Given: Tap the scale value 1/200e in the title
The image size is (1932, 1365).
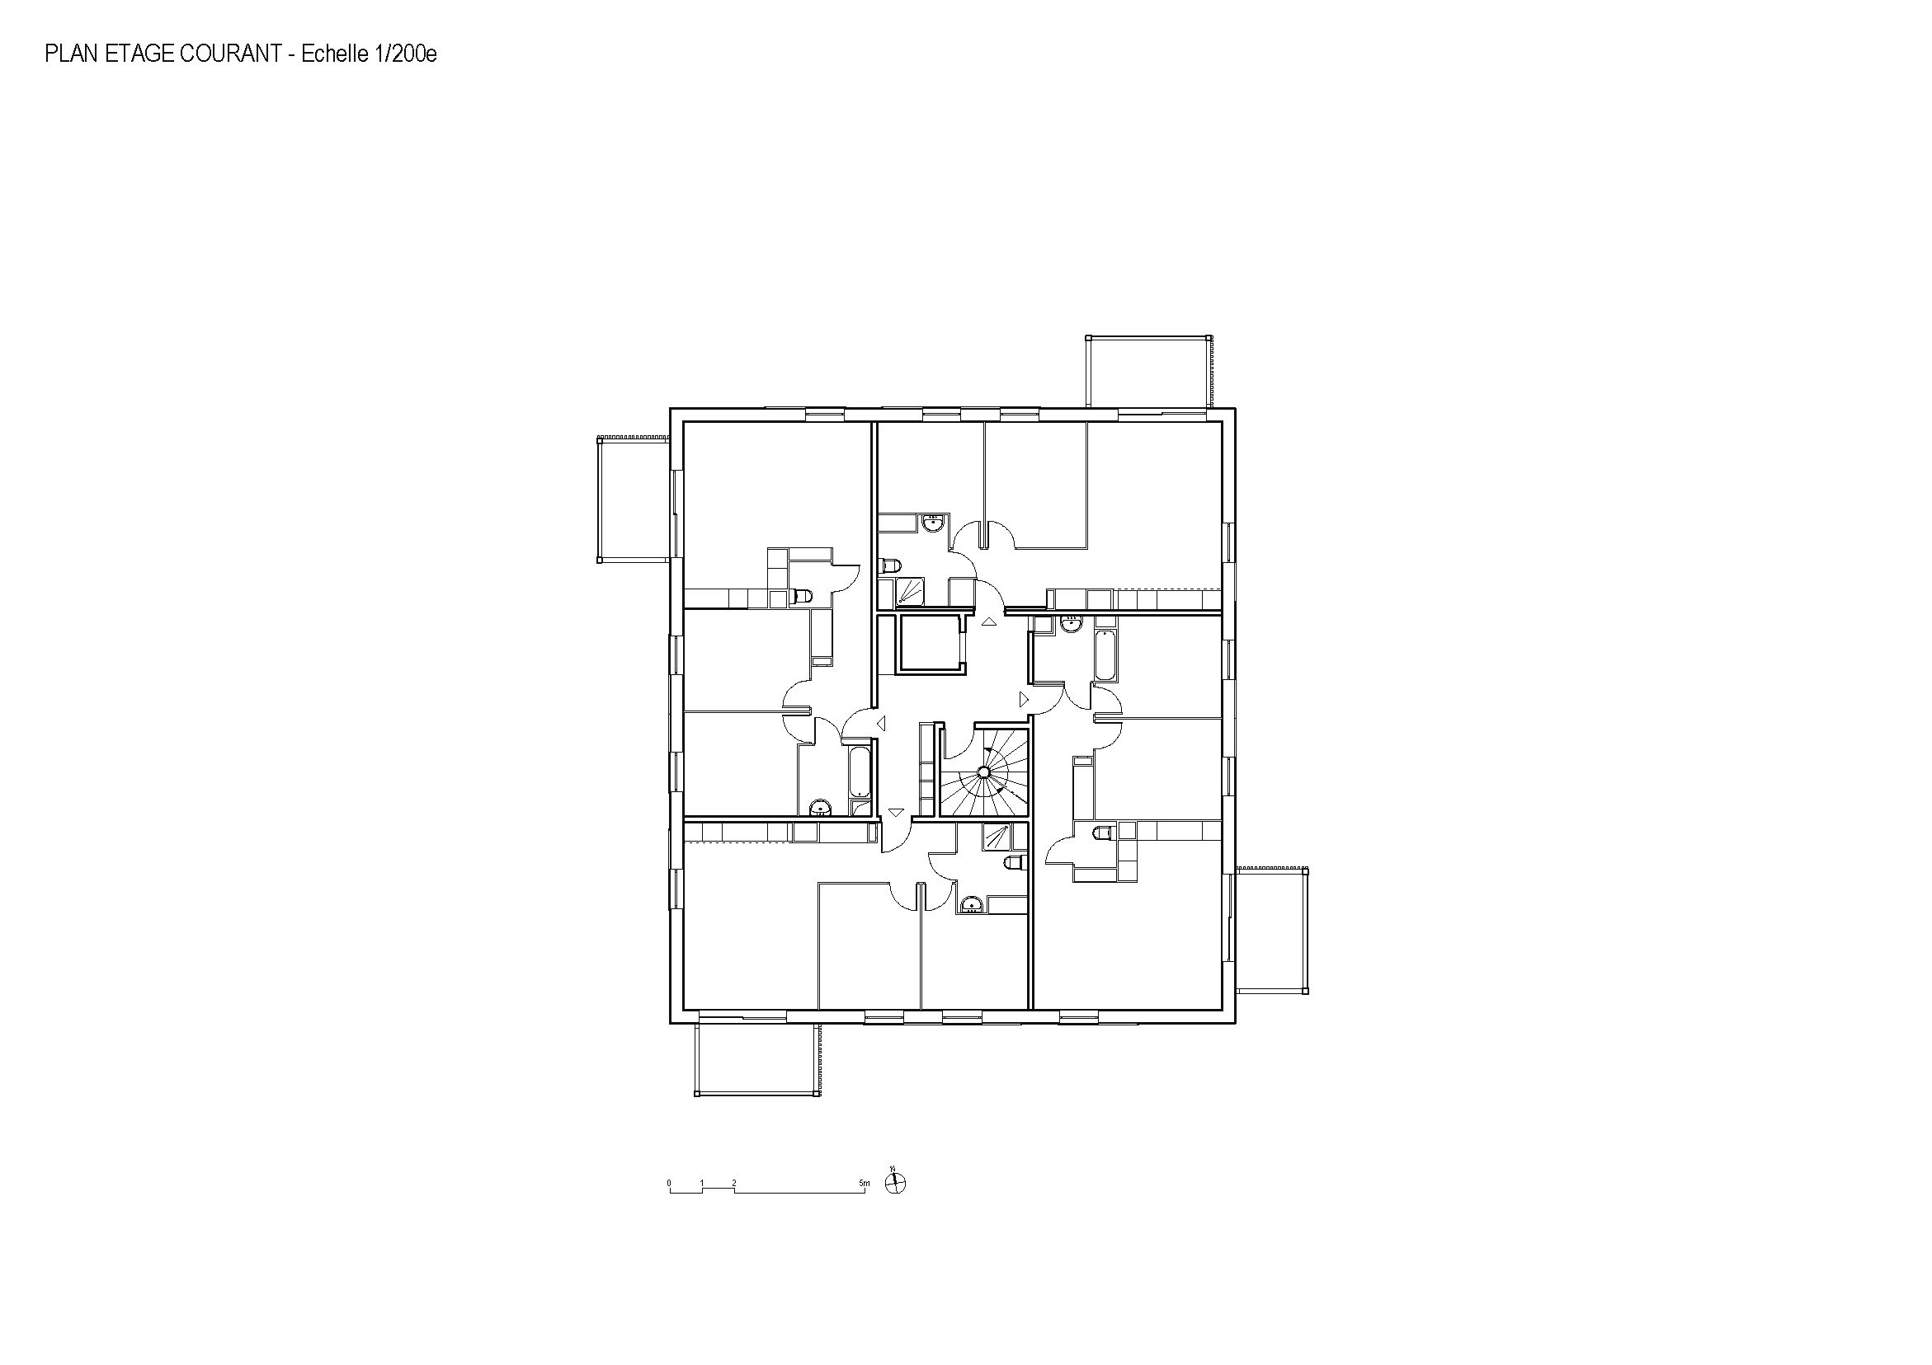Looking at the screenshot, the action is [x=405, y=54].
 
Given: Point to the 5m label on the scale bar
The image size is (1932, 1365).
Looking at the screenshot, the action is [x=865, y=1184].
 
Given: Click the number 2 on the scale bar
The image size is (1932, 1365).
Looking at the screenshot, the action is [x=733, y=1184].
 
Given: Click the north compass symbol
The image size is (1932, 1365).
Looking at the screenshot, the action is [x=897, y=1183].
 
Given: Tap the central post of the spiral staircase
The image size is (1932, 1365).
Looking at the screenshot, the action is [x=982, y=772].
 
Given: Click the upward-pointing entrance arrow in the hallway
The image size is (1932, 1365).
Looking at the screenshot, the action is [x=989, y=622].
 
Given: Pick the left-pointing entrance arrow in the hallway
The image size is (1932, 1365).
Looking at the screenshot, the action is [x=881, y=723].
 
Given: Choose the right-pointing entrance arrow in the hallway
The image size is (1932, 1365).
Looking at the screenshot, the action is [x=1024, y=699].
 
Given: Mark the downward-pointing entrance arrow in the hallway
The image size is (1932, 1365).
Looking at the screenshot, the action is [x=896, y=813].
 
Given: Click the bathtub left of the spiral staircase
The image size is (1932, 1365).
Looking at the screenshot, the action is [x=859, y=772].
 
